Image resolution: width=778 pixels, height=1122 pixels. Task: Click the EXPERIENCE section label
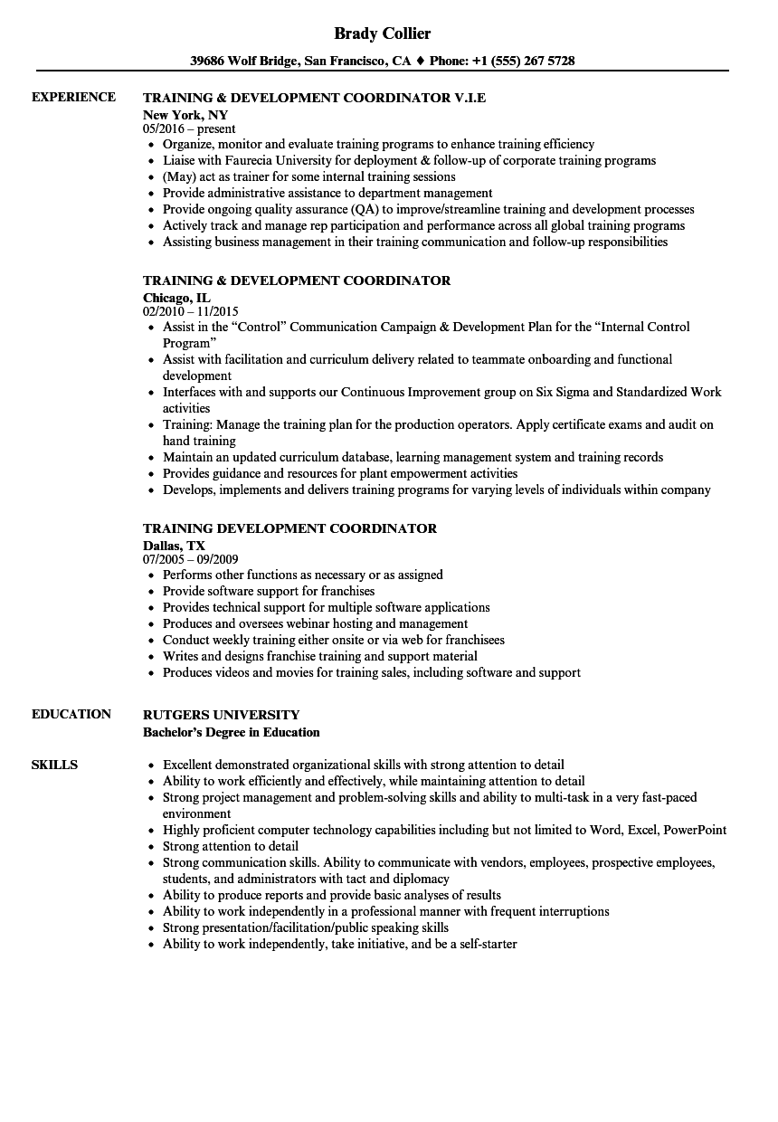click(73, 97)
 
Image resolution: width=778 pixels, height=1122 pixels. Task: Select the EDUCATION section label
click(71, 714)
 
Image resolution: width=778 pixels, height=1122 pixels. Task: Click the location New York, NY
click(185, 115)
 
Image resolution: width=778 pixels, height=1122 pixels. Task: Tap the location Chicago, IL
click(176, 297)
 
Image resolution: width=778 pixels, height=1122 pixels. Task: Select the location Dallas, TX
click(174, 546)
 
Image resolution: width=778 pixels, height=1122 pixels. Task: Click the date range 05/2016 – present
click(189, 129)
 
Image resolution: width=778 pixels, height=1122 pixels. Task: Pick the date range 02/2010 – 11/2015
click(191, 311)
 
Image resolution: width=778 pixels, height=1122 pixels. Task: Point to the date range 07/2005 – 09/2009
click(191, 560)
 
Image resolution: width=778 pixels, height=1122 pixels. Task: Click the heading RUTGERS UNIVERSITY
click(221, 715)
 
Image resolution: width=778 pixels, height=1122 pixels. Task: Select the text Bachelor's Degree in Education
click(232, 732)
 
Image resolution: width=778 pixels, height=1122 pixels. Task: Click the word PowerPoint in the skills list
click(695, 830)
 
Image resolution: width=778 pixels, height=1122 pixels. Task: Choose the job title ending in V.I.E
click(314, 98)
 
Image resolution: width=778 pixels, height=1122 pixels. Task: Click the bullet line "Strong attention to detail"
click(230, 846)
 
